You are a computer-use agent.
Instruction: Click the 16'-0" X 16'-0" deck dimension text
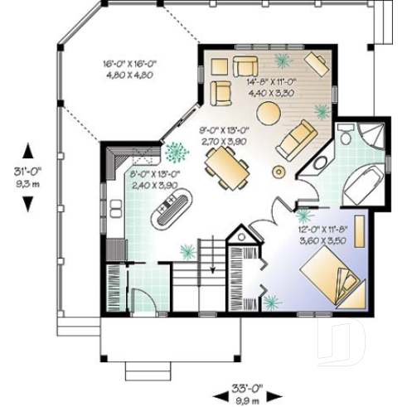click(x=129, y=63)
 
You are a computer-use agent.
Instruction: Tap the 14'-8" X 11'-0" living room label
click(x=269, y=81)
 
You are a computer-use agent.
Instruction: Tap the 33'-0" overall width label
click(x=246, y=387)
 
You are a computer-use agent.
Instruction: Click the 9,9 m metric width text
click(x=246, y=398)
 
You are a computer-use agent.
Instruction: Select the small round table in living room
click(x=279, y=172)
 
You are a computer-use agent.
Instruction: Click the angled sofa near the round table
click(x=296, y=139)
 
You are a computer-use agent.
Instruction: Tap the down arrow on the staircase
click(x=213, y=269)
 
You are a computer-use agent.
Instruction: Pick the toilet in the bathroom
click(x=342, y=138)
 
